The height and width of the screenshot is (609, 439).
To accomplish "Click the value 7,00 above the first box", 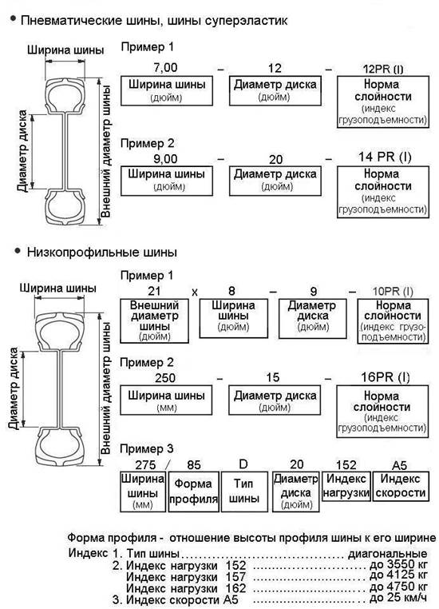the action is (165, 68).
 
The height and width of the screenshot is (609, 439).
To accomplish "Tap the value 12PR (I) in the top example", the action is (383, 70).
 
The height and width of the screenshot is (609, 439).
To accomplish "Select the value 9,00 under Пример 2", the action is (165, 159).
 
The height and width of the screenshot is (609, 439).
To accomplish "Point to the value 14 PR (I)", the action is (385, 157).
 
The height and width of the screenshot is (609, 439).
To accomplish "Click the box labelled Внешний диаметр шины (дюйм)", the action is (154, 320).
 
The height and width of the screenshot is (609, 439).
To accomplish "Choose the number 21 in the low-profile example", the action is (154, 291).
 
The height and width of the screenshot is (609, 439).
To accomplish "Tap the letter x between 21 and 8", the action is (194, 292).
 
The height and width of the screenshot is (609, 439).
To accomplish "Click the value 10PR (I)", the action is (393, 291).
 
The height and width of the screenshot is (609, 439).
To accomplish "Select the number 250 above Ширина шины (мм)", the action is (165, 377).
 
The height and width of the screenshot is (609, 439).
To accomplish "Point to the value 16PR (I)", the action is (385, 377).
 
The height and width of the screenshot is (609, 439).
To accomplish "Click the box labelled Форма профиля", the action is (193, 492).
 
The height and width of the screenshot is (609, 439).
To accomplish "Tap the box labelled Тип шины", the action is (244, 492).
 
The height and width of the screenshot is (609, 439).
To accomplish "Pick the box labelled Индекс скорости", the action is (401, 486).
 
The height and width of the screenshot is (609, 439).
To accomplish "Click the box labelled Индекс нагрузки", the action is (346, 486).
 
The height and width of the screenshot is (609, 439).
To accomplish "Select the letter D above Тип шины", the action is (243, 464).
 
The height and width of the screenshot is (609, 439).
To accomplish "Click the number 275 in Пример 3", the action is (145, 465).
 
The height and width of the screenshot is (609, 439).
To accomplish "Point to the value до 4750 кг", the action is (398, 586).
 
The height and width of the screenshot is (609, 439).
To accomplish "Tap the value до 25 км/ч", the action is (398, 598).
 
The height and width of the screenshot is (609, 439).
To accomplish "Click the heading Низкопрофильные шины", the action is (102, 252).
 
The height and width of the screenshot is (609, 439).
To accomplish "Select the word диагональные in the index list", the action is (387, 554).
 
